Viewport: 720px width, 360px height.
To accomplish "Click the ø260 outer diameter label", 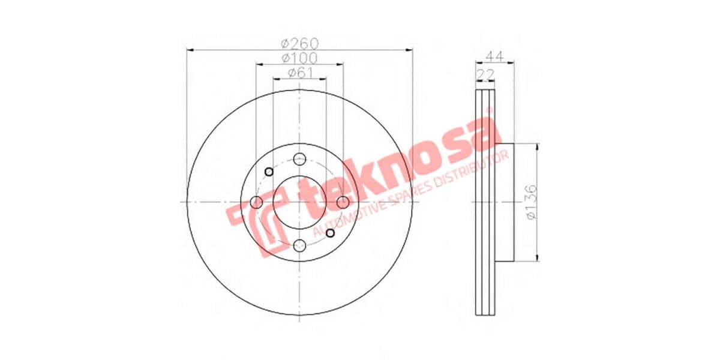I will pos(299,44).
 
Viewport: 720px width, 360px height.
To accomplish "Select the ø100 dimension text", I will pos(299,58).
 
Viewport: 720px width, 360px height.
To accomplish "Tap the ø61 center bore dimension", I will pos(299,73).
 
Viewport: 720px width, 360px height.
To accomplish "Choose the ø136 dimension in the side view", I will pos(530,203).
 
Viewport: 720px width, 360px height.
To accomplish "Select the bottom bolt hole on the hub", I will pos(299,245).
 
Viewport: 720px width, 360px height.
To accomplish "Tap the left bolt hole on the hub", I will pos(256,202).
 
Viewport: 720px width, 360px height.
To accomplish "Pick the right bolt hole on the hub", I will pos(343,202).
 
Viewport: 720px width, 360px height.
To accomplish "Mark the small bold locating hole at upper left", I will pos(268,172).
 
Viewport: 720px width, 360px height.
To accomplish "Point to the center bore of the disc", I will pos(299,202).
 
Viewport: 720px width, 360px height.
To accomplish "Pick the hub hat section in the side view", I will pos(505,202).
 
